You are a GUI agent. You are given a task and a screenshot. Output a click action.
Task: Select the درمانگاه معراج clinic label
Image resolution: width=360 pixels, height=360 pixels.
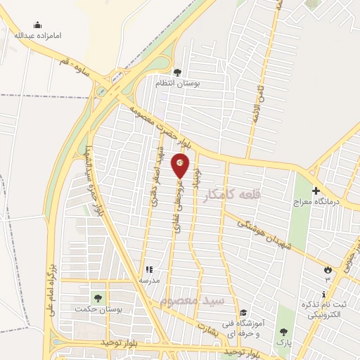click(316, 201)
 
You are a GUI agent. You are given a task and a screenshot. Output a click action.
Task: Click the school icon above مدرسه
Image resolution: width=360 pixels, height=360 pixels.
click(148, 269)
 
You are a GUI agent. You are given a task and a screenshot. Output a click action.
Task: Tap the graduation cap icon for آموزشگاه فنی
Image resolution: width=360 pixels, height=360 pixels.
click(243, 313)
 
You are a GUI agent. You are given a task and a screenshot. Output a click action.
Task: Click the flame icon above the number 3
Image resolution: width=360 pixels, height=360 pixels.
click(328, 270)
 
